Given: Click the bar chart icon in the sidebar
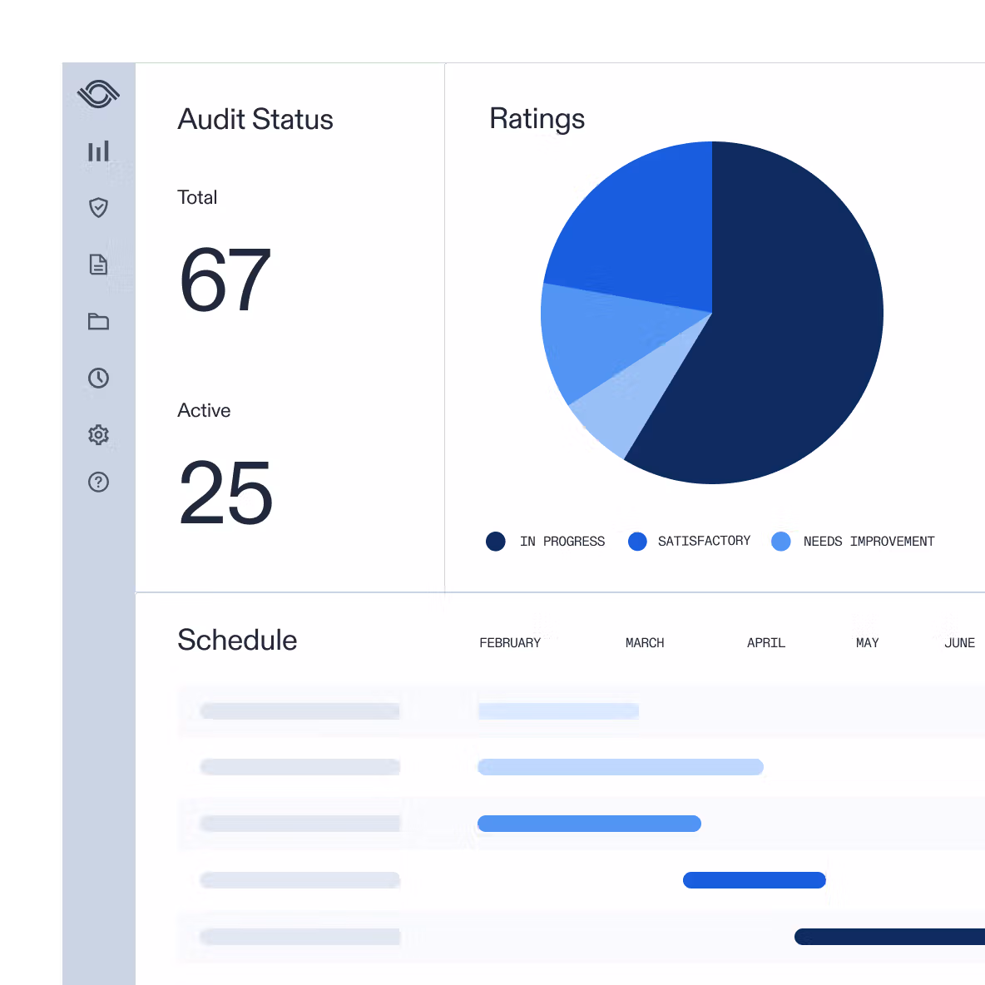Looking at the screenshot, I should pos(98,151).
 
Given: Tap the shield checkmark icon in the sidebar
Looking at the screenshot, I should pos(98,207).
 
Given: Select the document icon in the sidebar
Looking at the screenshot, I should pos(98,265).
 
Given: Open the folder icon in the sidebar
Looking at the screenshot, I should pos(98,321).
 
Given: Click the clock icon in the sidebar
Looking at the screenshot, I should pos(98,378).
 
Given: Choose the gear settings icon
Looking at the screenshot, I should pos(98,434).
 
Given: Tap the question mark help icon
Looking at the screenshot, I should pos(98,482).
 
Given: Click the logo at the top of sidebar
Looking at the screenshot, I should pos(98,94).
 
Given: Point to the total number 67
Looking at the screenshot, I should pos(225,281).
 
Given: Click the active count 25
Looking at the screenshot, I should pos(225,493).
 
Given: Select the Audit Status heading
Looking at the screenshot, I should pos(255,120).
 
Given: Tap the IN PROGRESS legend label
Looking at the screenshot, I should pos(562,542).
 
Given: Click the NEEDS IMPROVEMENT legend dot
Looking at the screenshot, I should pos(780,542).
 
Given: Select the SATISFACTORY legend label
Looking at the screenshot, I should pos(704,542).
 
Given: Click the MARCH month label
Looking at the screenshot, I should pos(645,643).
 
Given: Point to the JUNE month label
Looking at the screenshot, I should pos(959,643).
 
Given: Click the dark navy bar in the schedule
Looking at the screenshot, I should pos(890,937).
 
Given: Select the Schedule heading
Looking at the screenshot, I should pos(237,641).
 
